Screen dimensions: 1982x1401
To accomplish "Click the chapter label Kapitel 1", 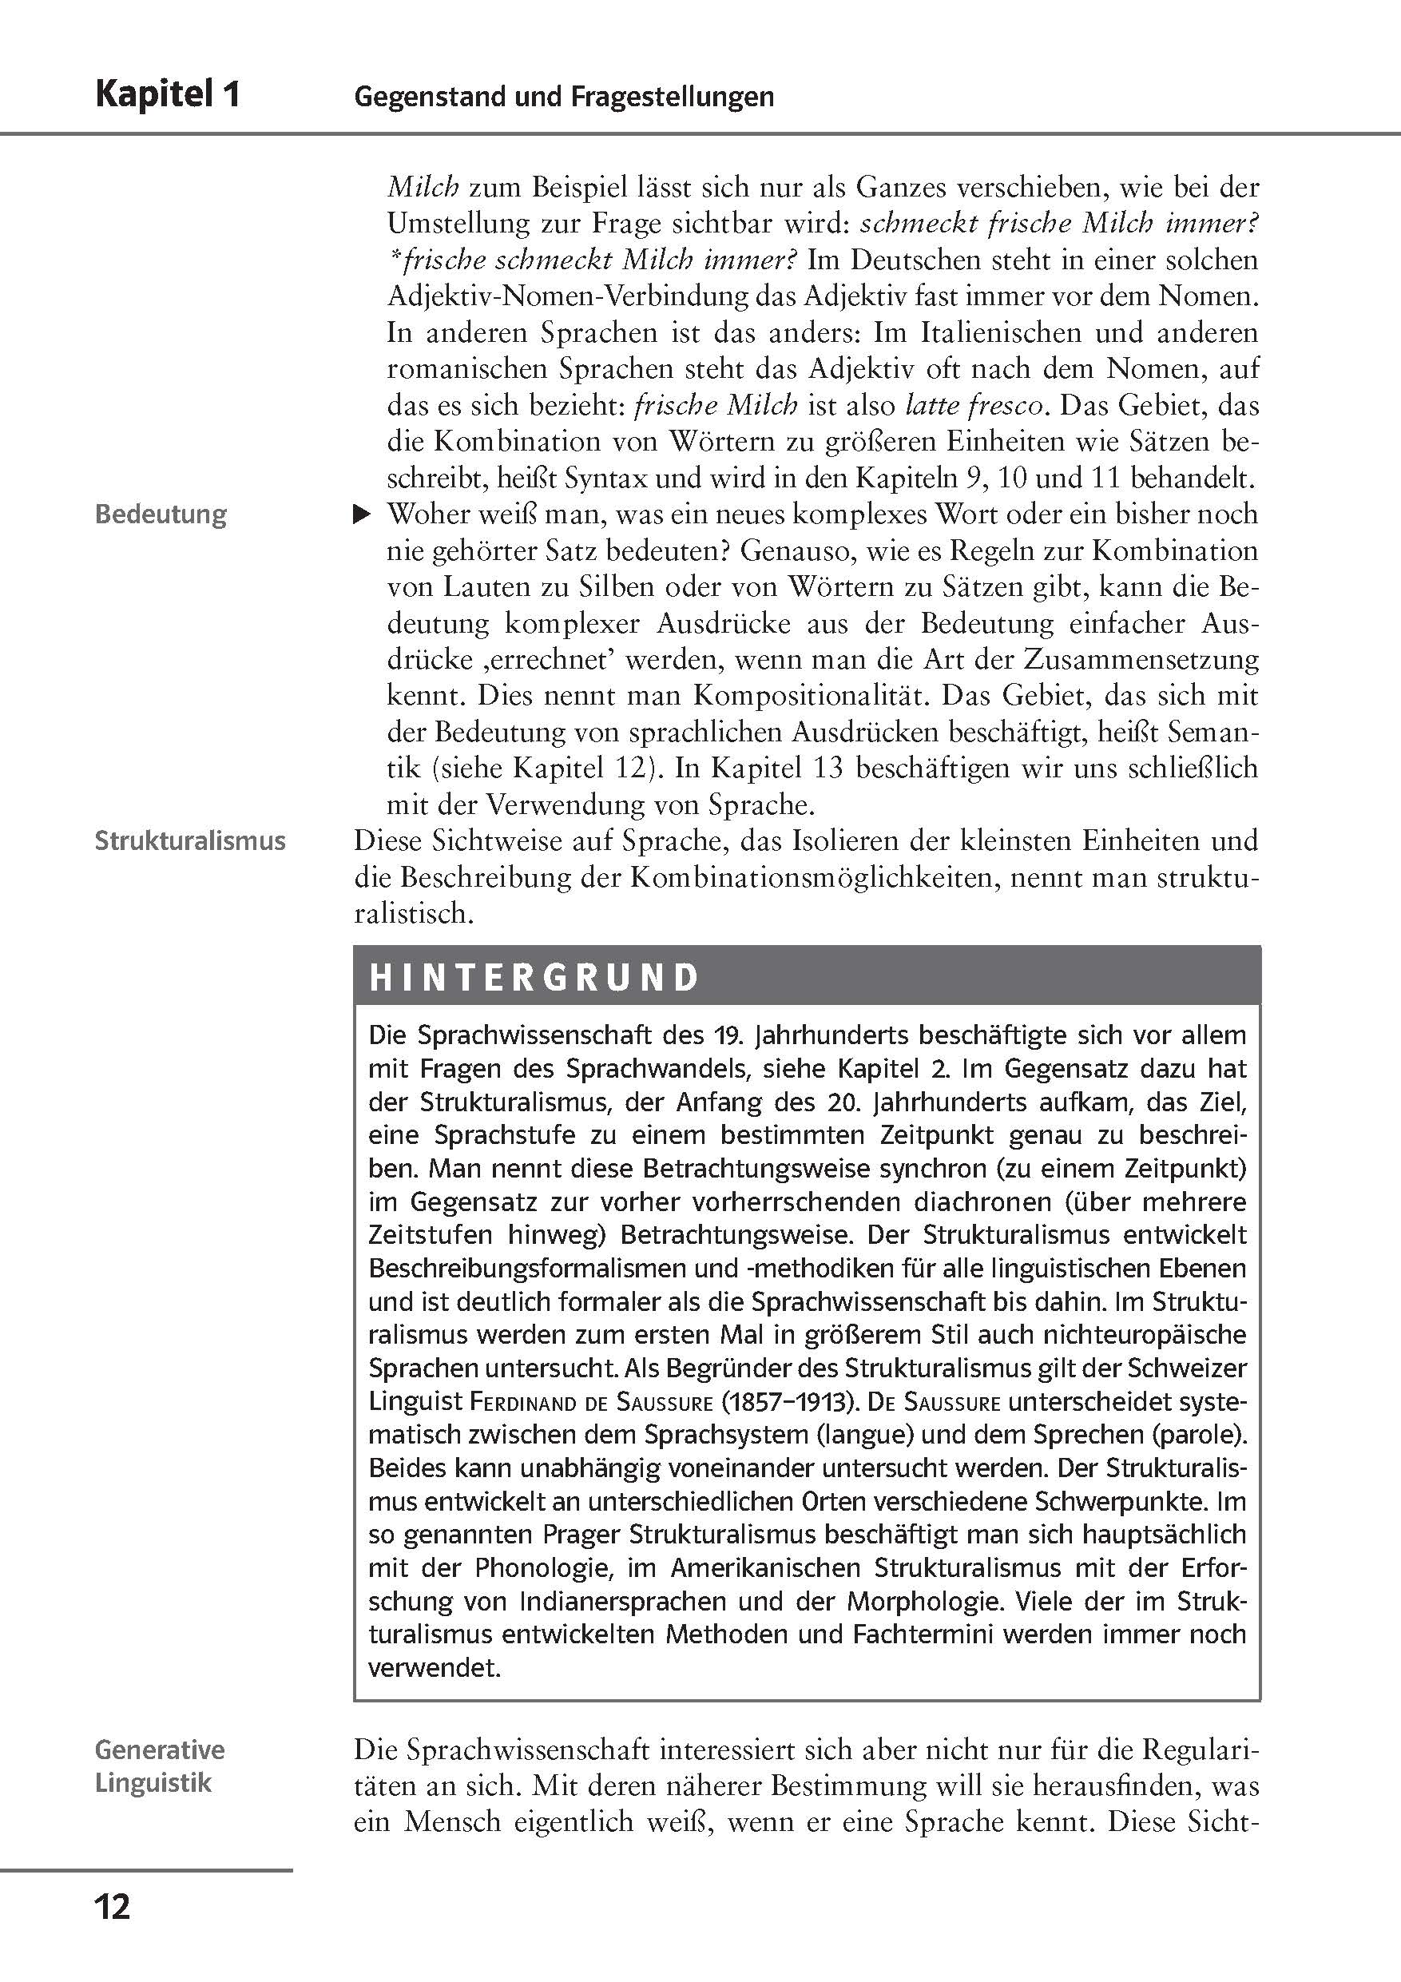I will pyautogui.click(x=168, y=94).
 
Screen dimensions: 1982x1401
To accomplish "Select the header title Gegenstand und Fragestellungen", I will pyautogui.click(x=564, y=96).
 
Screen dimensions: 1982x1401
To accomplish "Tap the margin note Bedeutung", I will pyautogui.click(x=161, y=514).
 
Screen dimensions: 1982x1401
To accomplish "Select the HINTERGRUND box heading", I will pyautogui.click(x=534, y=977).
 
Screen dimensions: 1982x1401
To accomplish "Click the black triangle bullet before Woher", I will pyautogui.click(x=363, y=515).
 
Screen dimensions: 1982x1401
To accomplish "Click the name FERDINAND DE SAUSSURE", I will pyautogui.click(x=591, y=1402).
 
